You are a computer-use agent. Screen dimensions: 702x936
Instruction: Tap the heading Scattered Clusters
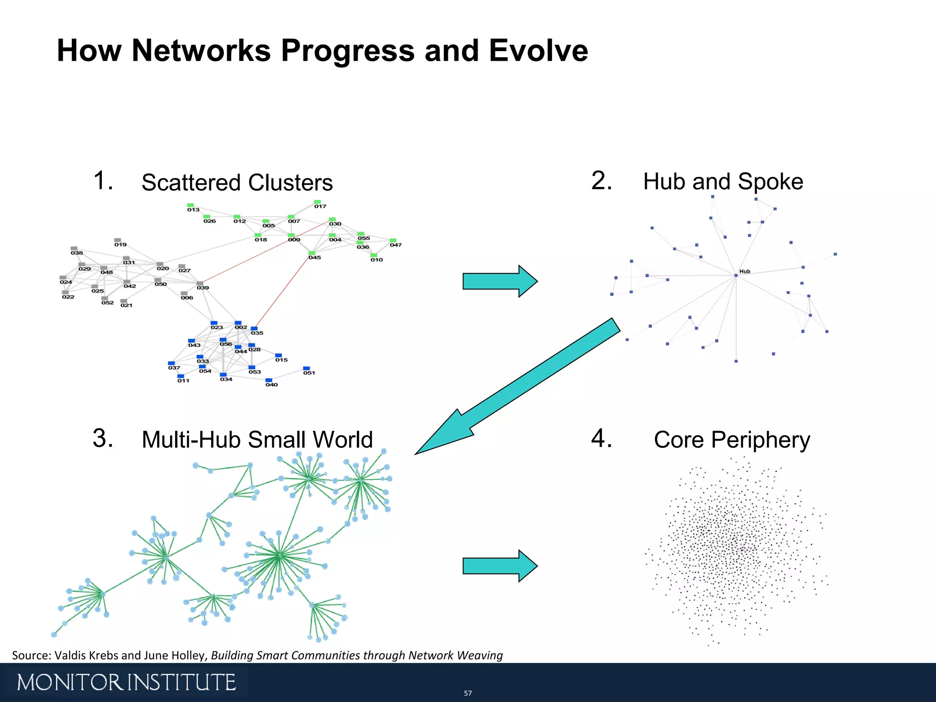point(237,183)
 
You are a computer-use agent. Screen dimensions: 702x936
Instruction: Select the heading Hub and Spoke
point(723,182)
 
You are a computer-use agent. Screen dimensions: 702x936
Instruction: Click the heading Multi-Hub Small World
point(257,440)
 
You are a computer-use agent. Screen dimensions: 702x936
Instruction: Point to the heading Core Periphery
point(732,440)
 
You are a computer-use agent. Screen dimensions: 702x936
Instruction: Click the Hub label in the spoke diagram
point(745,271)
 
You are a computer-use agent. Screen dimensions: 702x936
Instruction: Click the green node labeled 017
point(317,202)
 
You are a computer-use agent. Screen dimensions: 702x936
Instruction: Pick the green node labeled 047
point(393,240)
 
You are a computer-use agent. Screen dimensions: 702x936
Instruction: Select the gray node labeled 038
point(74,249)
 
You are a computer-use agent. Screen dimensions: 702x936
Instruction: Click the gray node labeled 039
point(200,283)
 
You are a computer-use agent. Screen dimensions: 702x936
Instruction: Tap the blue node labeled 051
point(306,368)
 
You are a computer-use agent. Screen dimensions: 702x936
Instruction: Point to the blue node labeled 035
point(254,329)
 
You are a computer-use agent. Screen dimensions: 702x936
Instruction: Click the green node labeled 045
point(312,253)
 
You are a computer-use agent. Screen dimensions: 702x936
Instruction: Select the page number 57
point(468,693)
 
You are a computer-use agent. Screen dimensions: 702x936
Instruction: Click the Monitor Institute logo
point(126,682)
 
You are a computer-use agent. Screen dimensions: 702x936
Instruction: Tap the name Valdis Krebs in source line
point(86,655)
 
